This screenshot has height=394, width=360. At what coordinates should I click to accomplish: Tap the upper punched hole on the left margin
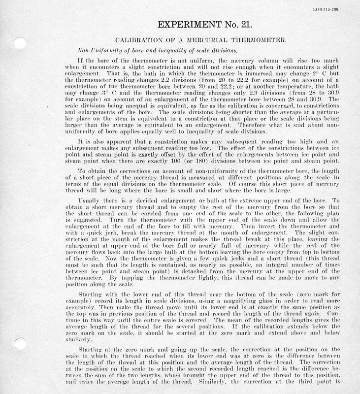click(20, 43)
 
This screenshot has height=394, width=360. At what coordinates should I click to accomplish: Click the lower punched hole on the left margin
click(20, 344)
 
